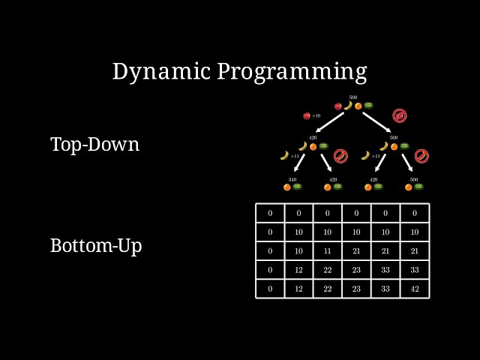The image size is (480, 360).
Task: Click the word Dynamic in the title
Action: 161,71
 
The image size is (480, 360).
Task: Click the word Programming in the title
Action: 292,72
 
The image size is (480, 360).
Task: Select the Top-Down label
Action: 94,144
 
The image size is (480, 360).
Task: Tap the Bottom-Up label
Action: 96,245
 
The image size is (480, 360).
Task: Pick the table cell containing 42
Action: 414,289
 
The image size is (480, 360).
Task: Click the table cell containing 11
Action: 328,250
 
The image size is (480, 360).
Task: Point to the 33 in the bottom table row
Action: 385,289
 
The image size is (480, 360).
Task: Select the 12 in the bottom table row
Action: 298,289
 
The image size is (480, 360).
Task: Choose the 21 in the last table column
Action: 414,250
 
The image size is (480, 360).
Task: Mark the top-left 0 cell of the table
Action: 270,213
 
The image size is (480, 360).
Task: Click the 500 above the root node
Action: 352,97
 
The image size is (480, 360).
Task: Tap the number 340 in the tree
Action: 292,180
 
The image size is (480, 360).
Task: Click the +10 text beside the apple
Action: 316,115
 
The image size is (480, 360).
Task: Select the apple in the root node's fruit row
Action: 338,106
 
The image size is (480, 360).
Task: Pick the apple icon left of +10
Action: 307,115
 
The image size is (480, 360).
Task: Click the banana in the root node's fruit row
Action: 348,106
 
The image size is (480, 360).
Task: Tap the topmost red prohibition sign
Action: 400,115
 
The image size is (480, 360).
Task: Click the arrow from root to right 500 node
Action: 378,121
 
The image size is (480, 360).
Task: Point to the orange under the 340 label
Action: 287,187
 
